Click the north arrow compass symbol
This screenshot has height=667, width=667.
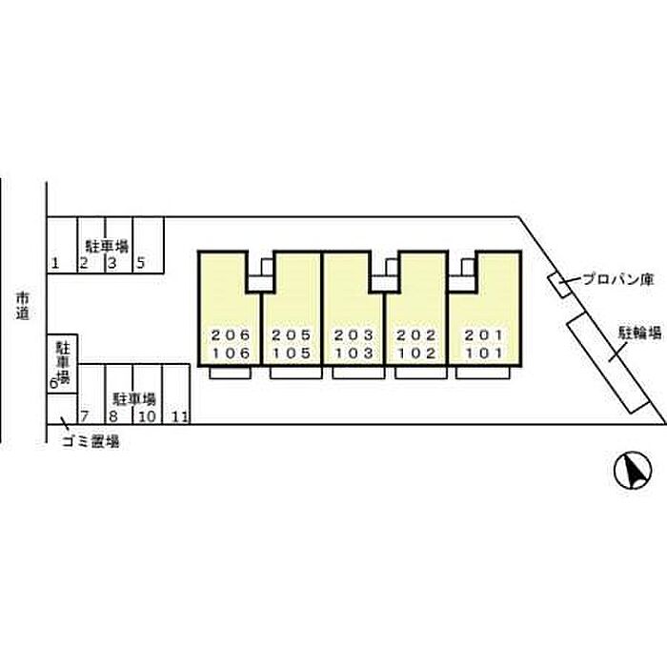pos(633,471)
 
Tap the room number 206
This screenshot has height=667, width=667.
pos(231,335)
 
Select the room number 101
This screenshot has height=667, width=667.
pos(484,354)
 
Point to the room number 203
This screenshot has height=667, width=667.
pos(354,335)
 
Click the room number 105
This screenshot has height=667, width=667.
pos(292,354)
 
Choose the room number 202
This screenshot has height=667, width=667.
pos(416,335)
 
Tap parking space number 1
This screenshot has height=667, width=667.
pos(55,264)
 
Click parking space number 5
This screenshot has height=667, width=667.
pos(141,263)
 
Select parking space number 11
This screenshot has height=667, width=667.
pos(179,417)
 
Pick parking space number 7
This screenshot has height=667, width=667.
pos(84,416)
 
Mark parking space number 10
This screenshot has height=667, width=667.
pos(147,416)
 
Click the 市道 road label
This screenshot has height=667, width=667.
pos(23,306)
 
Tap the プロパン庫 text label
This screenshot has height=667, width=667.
pos(618,279)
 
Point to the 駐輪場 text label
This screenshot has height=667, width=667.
pos(639,333)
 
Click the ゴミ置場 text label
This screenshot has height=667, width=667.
pos(91,441)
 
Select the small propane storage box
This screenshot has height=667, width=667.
pos(559,285)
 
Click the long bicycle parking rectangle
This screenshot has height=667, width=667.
pos(608,362)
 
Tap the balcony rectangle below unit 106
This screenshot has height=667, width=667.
pos(230,373)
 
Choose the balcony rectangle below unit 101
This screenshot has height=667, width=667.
pos(482,373)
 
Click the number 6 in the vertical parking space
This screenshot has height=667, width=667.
pos(53,384)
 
